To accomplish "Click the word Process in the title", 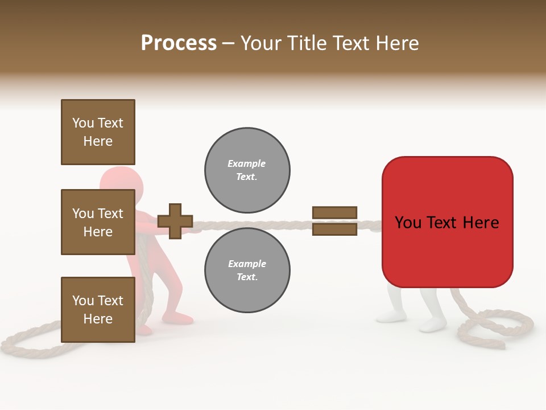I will pyautogui.click(x=179, y=43).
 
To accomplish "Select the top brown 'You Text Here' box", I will pyautogui.click(x=98, y=132).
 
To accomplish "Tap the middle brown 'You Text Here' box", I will pyautogui.click(x=98, y=222).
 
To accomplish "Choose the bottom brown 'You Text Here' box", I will pyautogui.click(x=98, y=309).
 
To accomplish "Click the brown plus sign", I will pyautogui.click(x=175, y=221).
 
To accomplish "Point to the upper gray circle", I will pyautogui.click(x=247, y=170).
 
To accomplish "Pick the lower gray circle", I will pyautogui.click(x=247, y=270).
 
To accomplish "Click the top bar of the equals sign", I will pyautogui.click(x=334, y=213).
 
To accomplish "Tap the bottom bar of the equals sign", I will pyautogui.click(x=334, y=229).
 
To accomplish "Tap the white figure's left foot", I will pyautogui.click(x=390, y=316).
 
